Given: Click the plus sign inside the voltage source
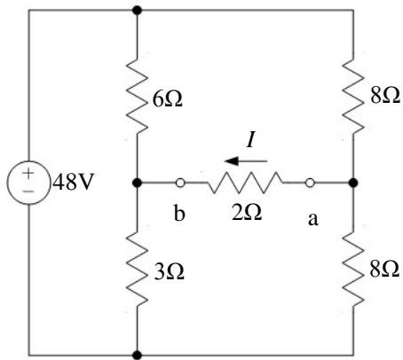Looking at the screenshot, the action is point(28,173).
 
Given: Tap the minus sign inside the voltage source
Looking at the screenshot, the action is point(28,192).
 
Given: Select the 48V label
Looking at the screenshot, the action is point(73,182).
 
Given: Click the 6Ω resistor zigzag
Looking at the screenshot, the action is point(137,95).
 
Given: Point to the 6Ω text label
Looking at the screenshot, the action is point(168,98).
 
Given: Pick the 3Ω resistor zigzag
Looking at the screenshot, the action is point(137,269).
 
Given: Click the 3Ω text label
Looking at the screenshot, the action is point(170,272).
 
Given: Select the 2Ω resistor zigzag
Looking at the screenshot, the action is point(245,183).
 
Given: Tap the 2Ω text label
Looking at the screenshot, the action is point(247,213).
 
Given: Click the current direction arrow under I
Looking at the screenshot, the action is point(246,161).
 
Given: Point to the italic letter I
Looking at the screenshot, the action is point(250,140).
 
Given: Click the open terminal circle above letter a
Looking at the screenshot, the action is point(310,183).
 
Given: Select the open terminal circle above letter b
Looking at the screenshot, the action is point(180,183).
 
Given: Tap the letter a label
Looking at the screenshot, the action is point(313,220).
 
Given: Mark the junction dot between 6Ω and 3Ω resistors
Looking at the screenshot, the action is point(137,183).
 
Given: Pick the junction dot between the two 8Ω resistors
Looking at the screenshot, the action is point(353,183).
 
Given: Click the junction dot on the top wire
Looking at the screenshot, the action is point(137,11).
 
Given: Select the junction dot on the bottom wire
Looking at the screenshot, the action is point(137,355).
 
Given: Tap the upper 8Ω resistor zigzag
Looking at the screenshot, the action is point(353,95).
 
